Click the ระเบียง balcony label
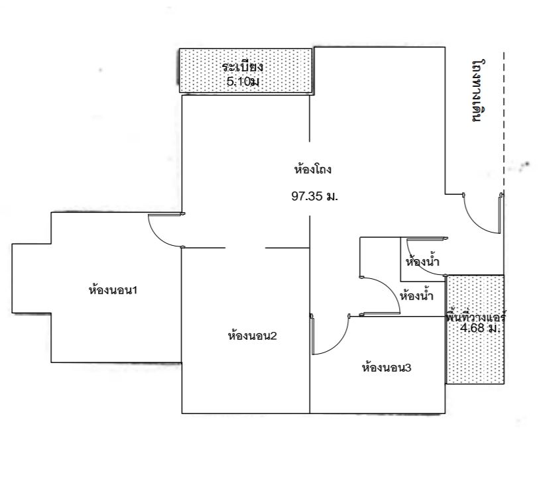click(x=243, y=66)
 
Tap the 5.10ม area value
click(x=243, y=82)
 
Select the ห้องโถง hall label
click(x=312, y=170)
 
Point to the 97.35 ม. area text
click(x=315, y=196)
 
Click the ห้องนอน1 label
click(x=113, y=290)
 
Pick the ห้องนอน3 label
click(x=387, y=368)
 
